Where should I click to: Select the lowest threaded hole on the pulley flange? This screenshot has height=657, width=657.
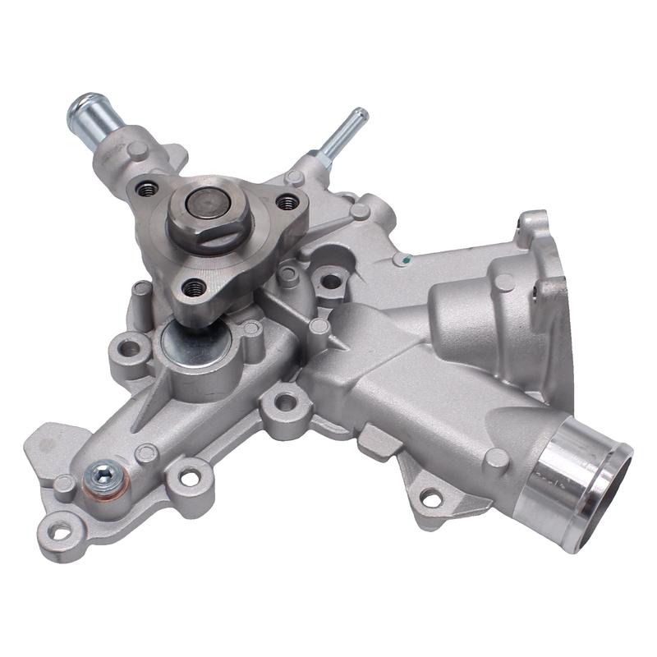point(194,287)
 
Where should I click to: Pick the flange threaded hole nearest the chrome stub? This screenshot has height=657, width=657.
point(148,189)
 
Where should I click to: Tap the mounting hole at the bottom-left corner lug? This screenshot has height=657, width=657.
point(60,531)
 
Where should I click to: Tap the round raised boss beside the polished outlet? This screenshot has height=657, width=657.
point(495,459)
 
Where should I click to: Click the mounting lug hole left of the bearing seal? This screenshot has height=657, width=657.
point(129,348)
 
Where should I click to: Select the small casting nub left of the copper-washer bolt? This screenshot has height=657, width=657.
point(63,484)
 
